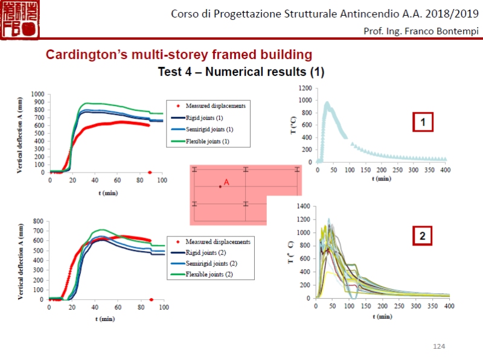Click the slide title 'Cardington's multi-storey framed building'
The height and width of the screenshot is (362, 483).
tap(179, 55)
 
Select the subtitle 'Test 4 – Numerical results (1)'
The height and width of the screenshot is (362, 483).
tap(241, 72)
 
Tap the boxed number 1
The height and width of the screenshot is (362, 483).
tap(423, 123)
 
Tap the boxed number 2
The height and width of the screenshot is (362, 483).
tap(423, 237)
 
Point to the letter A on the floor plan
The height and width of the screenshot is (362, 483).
tap(226, 182)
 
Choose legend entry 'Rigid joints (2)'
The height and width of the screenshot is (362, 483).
tap(210, 252)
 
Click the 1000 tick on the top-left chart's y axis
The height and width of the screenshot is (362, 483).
tap(38, 95)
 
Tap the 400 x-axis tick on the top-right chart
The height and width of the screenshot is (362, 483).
tap(444, 170)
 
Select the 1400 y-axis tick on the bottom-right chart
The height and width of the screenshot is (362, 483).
tap(303, 206)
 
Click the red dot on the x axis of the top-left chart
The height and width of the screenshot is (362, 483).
tap(150, 173)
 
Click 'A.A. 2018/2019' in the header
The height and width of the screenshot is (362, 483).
tap(441, 13)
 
